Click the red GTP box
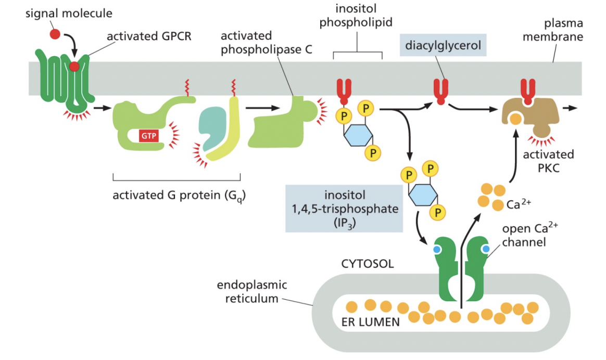coord(149,136)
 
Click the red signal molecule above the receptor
coord(55,34)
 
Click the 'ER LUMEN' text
coord(370,322)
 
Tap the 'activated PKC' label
coord(548,161)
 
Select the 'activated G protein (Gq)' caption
coord(180,196)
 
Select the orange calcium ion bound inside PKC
coord(516,119)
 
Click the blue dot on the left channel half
coord(437,250)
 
